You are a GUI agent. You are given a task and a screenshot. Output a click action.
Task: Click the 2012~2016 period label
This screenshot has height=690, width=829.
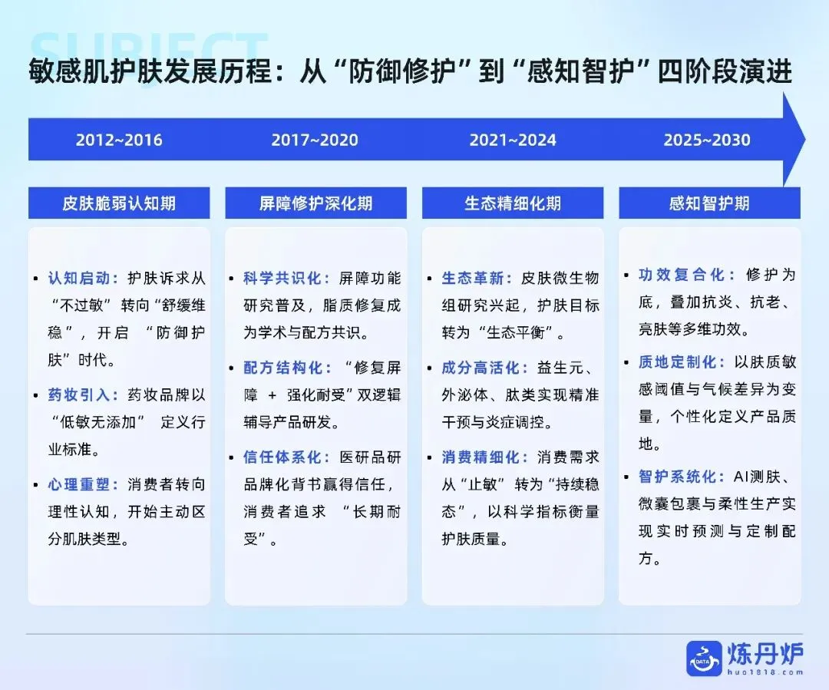point(119,140)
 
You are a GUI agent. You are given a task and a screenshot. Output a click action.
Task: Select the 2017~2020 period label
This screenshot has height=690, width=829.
point(315,140)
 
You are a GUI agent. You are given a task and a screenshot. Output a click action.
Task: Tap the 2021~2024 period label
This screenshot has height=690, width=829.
point(513,140)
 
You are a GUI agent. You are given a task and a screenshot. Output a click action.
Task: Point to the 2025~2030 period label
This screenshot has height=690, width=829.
point(707,140)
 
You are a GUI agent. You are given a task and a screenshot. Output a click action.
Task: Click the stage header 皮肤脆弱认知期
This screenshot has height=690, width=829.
point(119,203)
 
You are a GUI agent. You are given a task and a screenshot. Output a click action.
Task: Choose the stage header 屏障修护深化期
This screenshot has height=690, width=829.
point(315,203)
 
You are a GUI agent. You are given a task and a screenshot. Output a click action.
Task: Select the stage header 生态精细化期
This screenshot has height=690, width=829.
point(513,203)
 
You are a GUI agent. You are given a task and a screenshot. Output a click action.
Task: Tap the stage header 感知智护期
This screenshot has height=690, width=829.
point(709,203)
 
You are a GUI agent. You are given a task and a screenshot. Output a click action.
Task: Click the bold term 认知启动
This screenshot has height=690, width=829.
point(83,278)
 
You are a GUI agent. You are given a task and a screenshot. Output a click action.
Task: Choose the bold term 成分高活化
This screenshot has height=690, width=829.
point(482,368)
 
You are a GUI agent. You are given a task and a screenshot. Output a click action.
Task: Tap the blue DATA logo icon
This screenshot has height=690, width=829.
point(704,659)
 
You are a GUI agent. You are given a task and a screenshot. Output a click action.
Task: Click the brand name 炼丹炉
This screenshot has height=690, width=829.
point(765,653)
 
